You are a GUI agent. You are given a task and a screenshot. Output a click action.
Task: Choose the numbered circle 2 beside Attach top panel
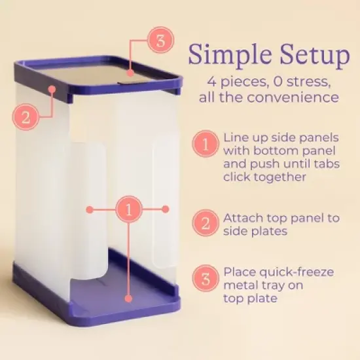[205, 224]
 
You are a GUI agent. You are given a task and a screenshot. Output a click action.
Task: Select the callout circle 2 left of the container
[25, 118]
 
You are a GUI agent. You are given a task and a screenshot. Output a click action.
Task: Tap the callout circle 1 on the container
[128, 209]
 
